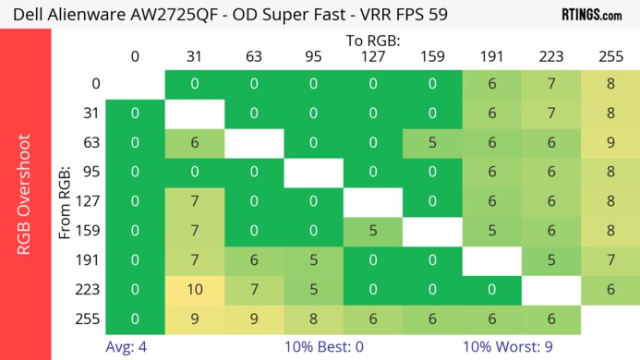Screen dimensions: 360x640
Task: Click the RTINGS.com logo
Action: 591,14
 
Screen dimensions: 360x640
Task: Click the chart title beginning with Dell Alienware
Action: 218,14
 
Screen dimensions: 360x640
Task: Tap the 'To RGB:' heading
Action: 374,41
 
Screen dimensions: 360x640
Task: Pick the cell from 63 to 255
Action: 610,143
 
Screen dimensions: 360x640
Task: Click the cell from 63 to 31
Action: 195,143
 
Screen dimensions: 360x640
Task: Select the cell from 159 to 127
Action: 374,232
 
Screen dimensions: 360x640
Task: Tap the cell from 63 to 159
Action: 434,143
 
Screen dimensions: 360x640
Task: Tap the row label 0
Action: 95,84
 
